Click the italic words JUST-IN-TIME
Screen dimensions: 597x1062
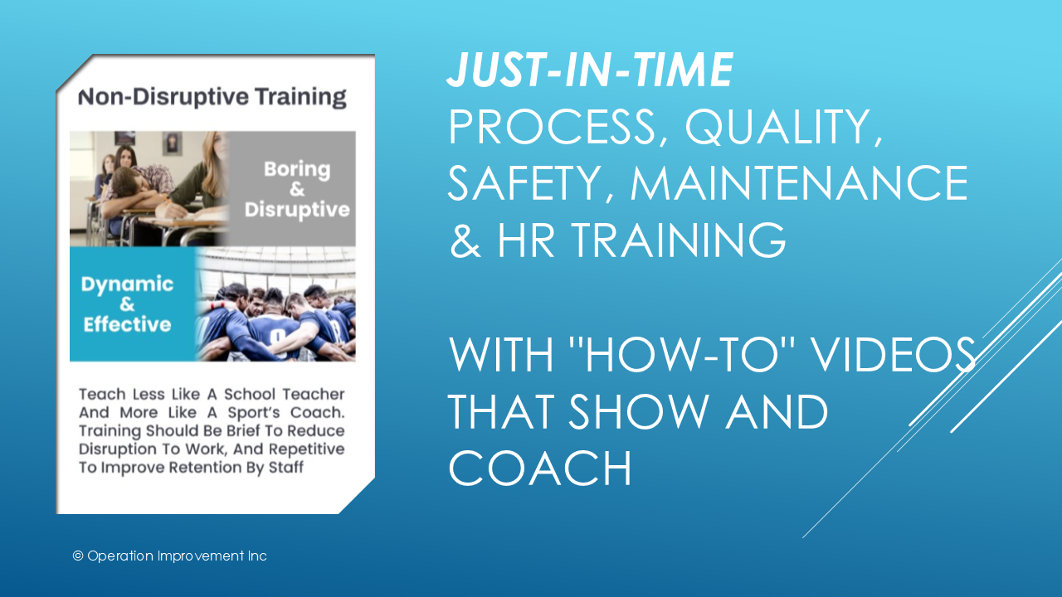coord(590,70)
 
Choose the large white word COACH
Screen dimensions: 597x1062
coord(540,468)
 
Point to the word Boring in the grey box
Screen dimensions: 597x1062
coord(296,169)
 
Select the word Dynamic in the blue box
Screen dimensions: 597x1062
coord(127,284)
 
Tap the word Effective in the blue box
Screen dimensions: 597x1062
coord(127,324)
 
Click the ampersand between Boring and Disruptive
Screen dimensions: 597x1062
coord(296,189)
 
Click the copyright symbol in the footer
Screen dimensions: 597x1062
coord(78,556)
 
